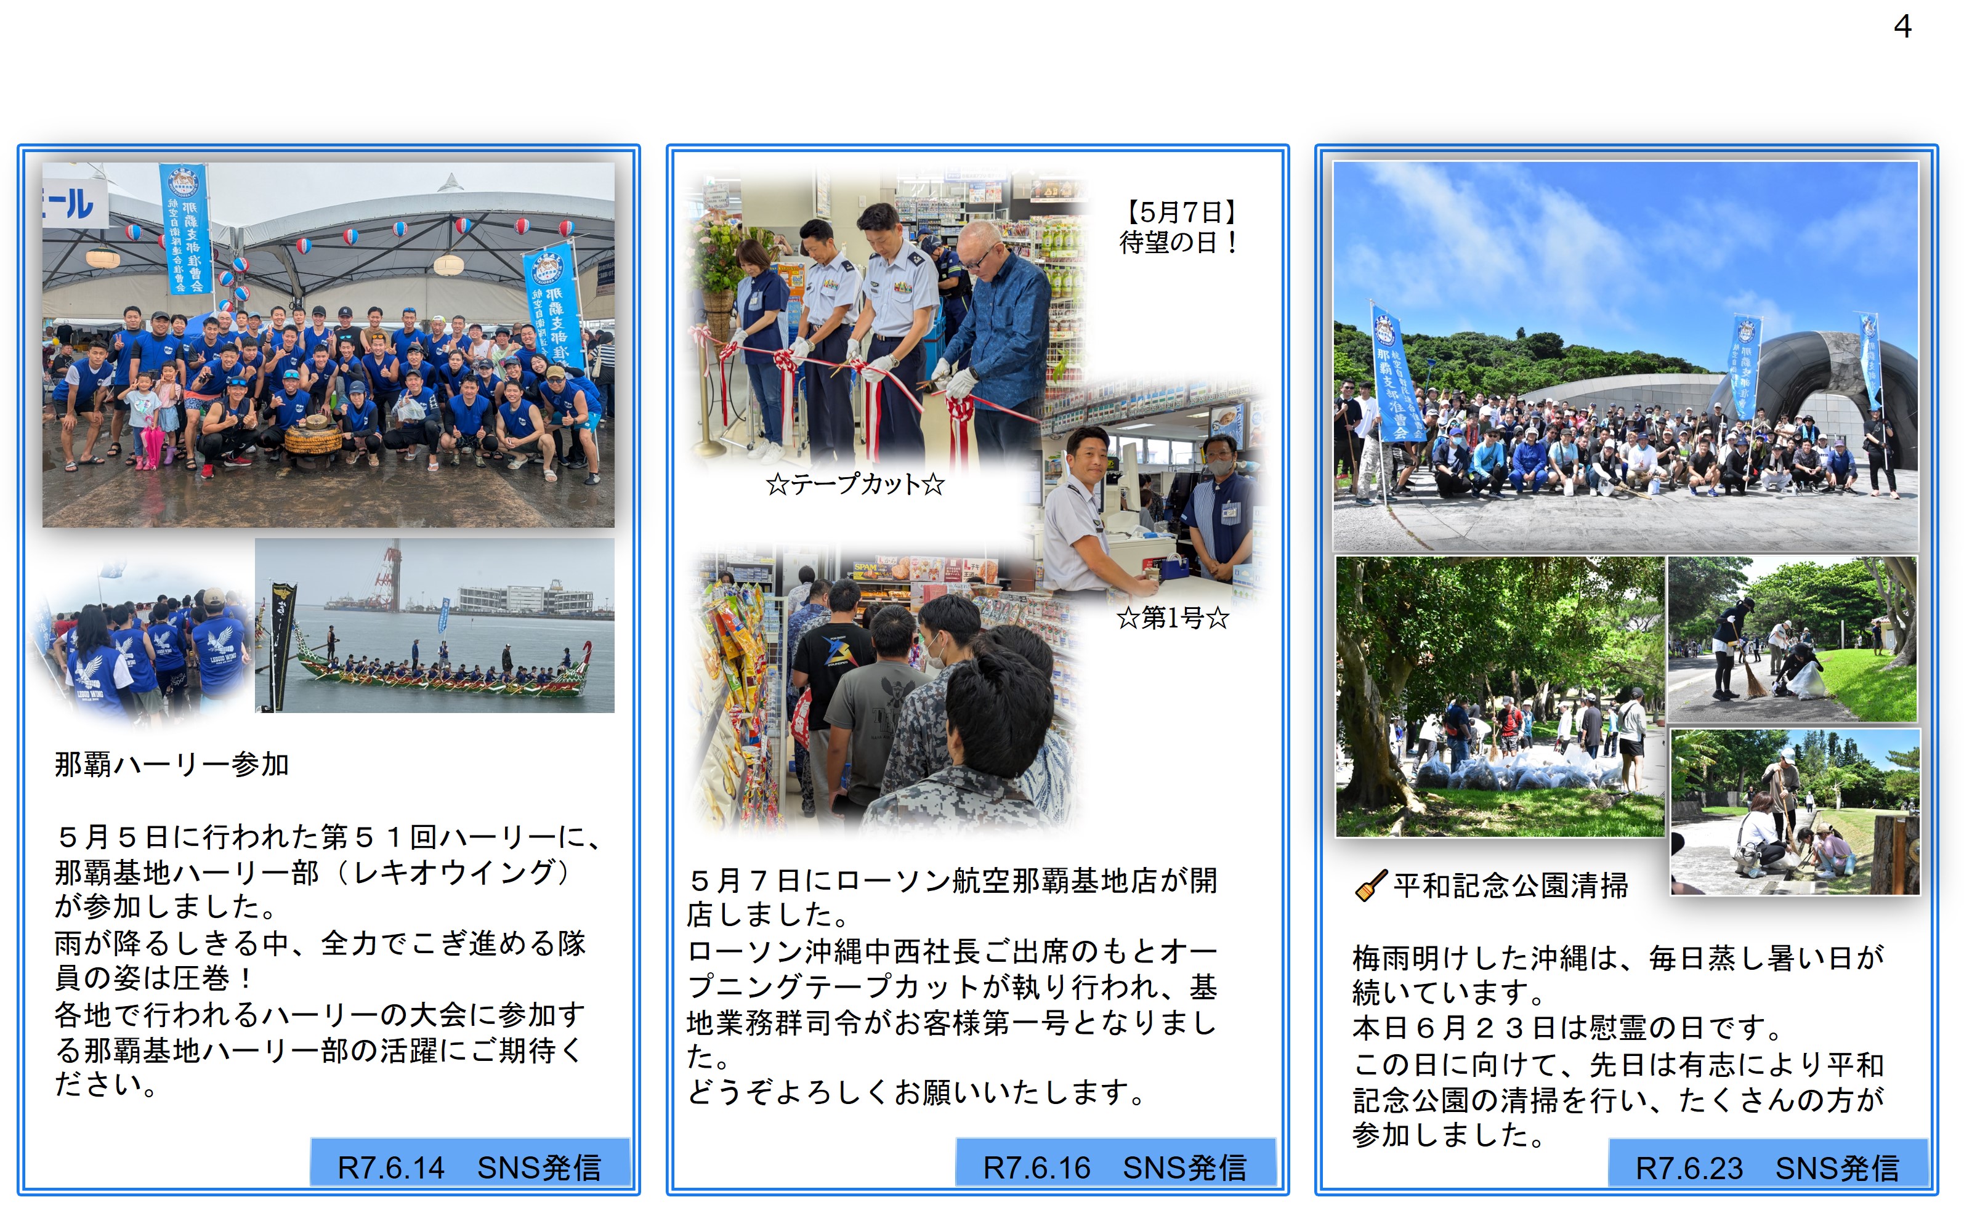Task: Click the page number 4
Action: pos(1902,27)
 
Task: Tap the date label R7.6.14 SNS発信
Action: pos(469,1167)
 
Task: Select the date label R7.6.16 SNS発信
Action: pos(1115,1167)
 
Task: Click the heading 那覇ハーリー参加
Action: pos(171,764)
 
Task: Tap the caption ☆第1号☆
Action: pos(1173,617)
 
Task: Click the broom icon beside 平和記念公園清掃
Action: pos(1371,885)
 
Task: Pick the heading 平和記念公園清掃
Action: pos(1511,885)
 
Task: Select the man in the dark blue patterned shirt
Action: pos(996,343)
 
